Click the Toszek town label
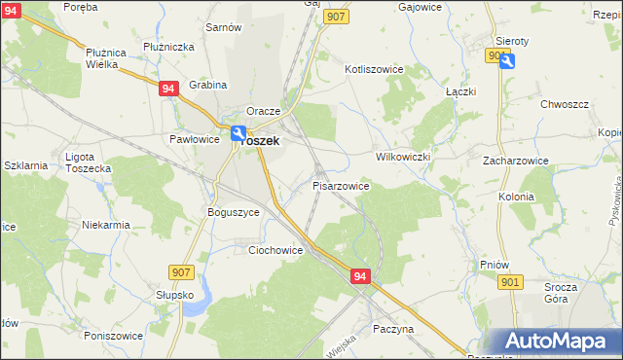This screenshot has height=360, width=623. (x=261, y=140)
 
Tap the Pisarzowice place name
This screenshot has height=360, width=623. (x=340, y=184)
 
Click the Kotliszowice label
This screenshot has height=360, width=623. (x=381, y=69)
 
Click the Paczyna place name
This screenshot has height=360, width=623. (x=393, y=329)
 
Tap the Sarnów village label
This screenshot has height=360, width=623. (x=223, y=27)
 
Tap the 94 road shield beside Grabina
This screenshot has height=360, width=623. (x=168, y=88)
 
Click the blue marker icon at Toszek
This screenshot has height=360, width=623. (x=238, y=132)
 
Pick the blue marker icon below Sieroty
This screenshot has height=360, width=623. (x=507, y=60)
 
